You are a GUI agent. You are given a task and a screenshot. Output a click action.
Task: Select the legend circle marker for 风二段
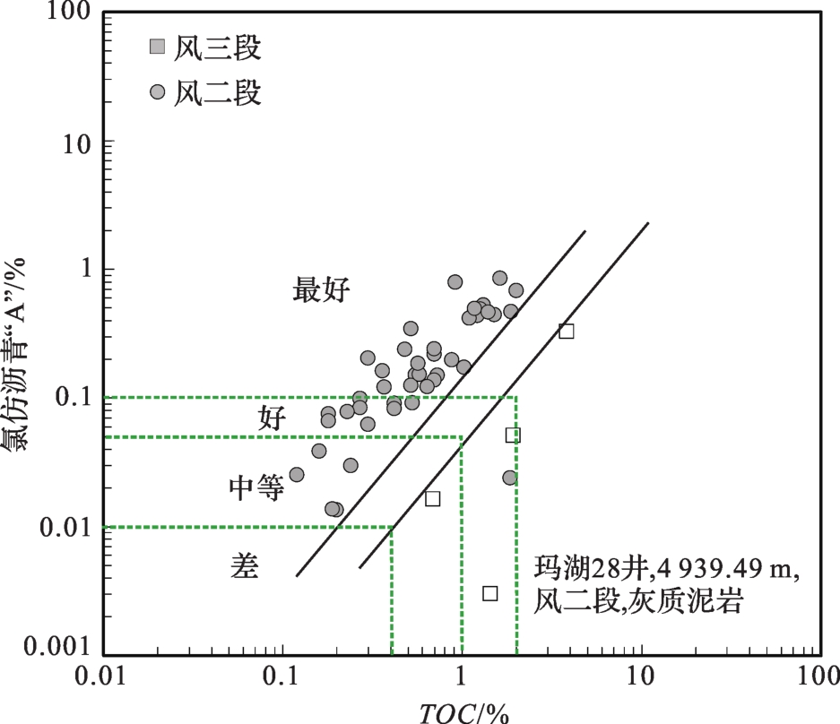point(158,91)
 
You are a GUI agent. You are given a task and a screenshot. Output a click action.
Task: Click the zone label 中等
point(256,487)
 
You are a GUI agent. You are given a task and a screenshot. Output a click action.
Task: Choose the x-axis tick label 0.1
point(282,677)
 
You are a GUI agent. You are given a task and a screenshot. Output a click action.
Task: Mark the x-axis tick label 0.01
point(101,677)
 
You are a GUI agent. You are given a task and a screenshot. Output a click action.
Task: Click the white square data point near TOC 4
point(566,331)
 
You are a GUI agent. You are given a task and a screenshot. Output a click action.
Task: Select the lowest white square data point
point(489,593)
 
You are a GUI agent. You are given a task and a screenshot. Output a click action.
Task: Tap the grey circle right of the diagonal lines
point(509,478)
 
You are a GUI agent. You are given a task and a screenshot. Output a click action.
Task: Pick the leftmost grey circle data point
point(297,474)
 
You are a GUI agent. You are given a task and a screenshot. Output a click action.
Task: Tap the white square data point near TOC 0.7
point(432,498)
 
